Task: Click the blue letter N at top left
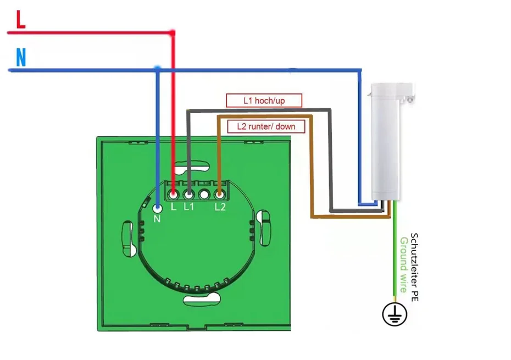[x=21, y=58]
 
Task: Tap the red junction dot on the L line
[x=173, y=34]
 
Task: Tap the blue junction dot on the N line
[x=158, y=69]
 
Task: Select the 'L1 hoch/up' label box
[x=264, y=101]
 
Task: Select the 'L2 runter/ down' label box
[x=266, y=126]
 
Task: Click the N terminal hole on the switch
[x=158, y=208]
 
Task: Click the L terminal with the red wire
[x=173, y=193]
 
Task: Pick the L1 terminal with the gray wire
[x=188, y=193]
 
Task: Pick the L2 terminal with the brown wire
[x=219, y=193]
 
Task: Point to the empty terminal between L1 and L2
[x=204, y=193]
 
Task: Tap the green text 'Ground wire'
[x=404, y=264]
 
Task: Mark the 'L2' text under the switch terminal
[x=220, y=207]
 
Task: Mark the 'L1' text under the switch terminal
[x=189, y=207]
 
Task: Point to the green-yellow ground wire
[x=395, y=253]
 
